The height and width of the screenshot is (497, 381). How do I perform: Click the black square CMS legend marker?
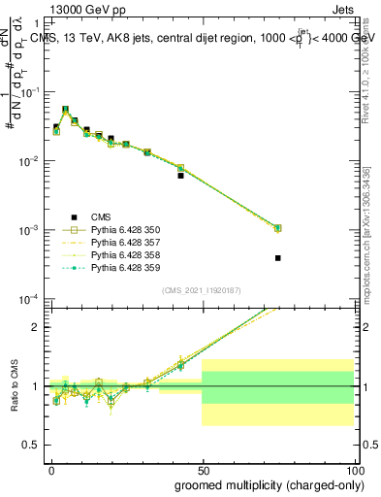point(73,216)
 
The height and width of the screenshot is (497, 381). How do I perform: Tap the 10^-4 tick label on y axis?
point(32,299)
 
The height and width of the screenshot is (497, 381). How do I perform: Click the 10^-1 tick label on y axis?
point(32,92)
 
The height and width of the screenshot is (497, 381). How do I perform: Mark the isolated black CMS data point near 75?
point(277,258)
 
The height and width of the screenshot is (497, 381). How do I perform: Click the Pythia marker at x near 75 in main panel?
point(277,228)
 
